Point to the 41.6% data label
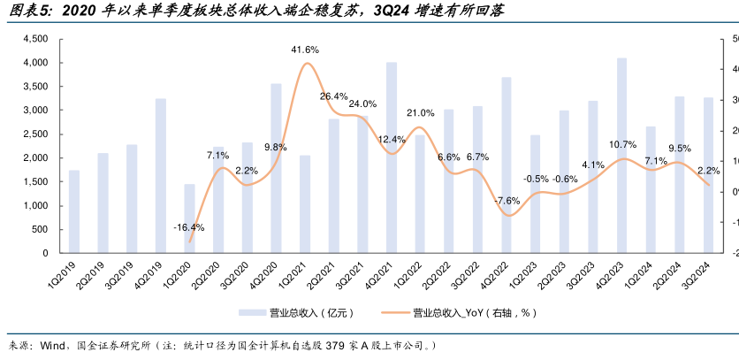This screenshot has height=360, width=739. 305,50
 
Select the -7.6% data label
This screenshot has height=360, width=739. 507,201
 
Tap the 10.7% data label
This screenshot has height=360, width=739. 622,145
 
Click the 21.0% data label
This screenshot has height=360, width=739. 420,113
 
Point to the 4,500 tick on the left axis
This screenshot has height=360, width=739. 34,39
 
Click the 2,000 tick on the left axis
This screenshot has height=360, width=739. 34,158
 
